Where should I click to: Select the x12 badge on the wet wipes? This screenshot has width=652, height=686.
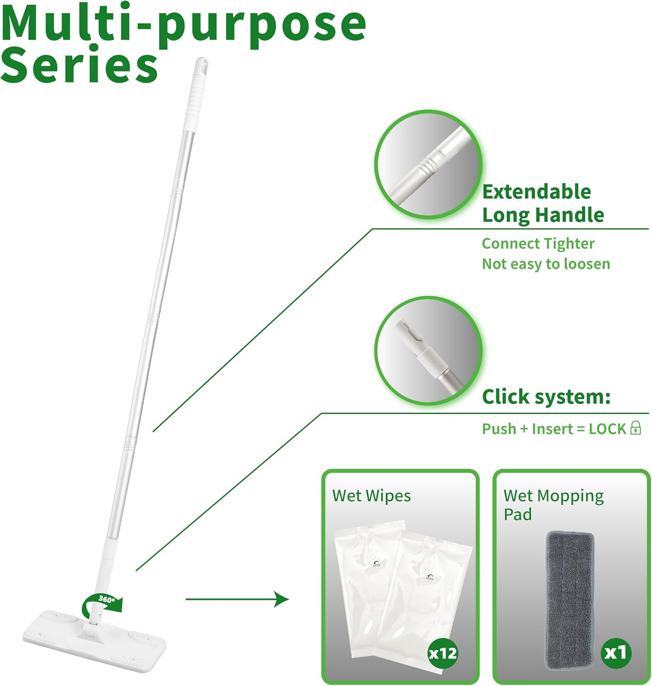443,653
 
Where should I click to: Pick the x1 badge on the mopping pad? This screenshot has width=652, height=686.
615,652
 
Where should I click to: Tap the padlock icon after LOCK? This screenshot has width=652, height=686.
636,428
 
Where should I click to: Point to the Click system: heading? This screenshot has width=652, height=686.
546,397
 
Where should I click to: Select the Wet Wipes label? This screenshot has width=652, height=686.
371,496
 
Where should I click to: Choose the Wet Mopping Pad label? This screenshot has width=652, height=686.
553,504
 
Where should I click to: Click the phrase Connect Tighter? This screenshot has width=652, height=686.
538,243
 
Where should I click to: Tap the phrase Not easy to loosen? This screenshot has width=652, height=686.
545,264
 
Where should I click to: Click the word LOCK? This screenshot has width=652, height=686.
607,429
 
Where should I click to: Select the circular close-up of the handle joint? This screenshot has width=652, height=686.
428,164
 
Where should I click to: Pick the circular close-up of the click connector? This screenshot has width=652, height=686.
428,350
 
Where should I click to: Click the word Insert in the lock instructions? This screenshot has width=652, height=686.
552,429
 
